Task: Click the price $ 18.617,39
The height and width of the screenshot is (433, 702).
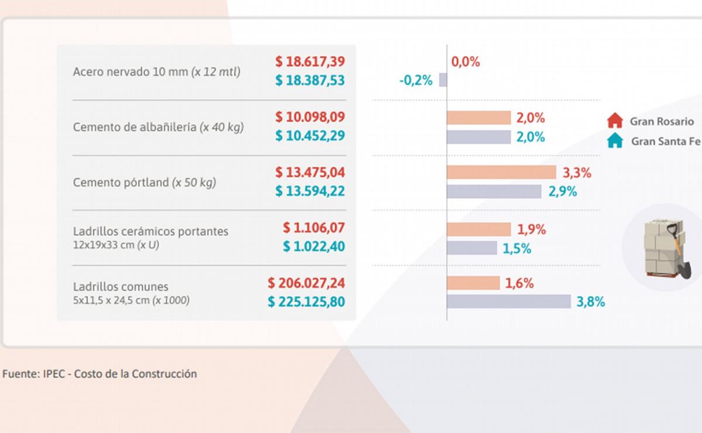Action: (x=310, y=61)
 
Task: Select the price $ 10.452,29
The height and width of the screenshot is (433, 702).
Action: (x=310, y=136)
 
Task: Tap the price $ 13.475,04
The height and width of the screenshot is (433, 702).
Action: (x=310, y=173)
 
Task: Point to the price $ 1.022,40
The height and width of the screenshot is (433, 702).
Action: (x=314, y=247)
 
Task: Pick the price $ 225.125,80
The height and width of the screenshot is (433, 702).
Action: (x=307, y=302)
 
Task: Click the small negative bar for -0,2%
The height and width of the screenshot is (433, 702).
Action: (x=443, y=80)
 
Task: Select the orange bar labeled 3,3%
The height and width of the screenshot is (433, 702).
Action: (x=501, y=172)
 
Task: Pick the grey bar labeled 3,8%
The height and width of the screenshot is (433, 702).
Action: (x=508, y=301)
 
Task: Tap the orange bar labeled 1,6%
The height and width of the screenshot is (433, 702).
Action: (x=473, y=283)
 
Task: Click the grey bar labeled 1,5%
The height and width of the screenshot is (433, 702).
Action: (x=472, y=248)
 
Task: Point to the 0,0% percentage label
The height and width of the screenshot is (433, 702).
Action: (x=466, y=62)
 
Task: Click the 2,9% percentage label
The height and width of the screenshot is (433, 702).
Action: (x=563, y=191)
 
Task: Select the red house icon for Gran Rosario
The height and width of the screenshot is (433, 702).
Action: (x=615, y=122)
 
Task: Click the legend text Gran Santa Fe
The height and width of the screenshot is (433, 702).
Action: (x=666, y=141)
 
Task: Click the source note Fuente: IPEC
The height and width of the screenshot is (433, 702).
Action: (x=99, y=373)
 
